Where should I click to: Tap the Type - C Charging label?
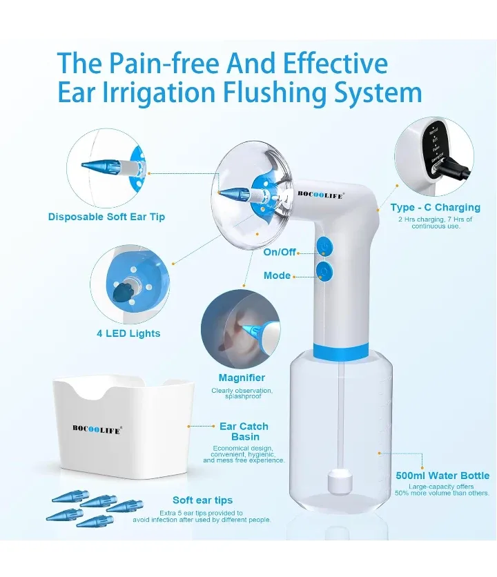coord(435,207)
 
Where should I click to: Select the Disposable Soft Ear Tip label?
coord(106,217)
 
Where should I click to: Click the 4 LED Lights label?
coord(128,333)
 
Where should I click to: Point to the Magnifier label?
coord(242,378)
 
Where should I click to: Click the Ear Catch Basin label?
coord(244,431)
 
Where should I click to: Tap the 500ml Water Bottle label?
coord(442,476)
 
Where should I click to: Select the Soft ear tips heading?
coord(202,500)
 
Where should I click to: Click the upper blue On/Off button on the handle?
coord(324,246)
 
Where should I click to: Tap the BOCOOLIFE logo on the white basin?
coord(97,428)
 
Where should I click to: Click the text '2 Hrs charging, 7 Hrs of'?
coord(435,219)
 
